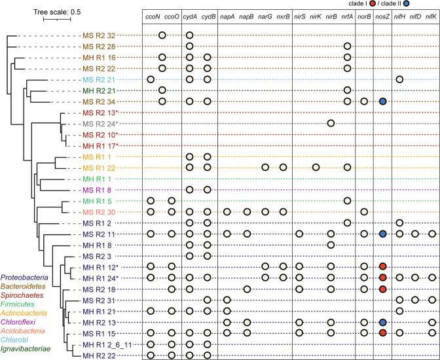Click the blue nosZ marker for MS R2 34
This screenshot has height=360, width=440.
click(x=383, y=101)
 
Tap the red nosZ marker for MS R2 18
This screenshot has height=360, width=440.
click(x=383, y=289)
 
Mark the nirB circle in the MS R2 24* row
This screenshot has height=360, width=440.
click(x=331, y=123)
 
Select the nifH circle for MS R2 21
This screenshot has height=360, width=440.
click(x=399, y=79)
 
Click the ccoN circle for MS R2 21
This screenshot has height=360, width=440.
click(x=151, y=79)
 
